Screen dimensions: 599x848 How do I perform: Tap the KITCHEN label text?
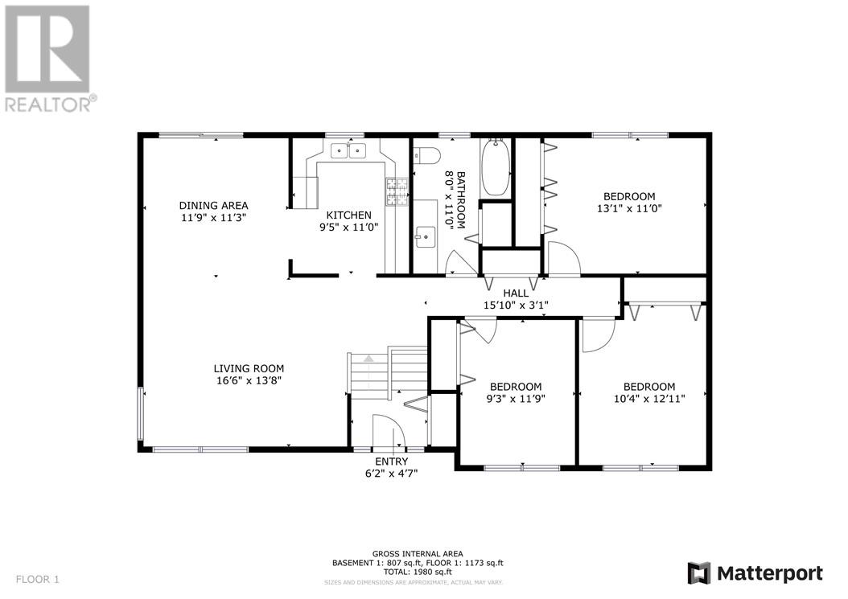pyautogui.click(x=348, y=215)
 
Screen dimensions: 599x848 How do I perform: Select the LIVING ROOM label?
pyautogui.click(x=249, y=369)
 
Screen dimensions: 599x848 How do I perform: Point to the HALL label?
pyautogui.click(x=516, y=293)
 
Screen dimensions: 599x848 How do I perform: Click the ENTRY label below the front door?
pyautogui.click(x=391, y=462)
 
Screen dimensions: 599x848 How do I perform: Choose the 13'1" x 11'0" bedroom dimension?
pyautogui.click(x=629, y=207)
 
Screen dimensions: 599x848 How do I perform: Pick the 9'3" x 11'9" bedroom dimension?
pyautogui.click(x=515, y=398)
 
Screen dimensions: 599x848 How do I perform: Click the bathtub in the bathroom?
pyautogui.click(x=494, y=166)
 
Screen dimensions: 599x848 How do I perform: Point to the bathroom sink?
pyautogui.click(x=425, y=235)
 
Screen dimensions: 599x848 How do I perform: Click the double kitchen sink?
pyautogui.click(x=348, y=150)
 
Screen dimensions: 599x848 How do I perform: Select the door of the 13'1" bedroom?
pyautogui.click(x=563, y=259)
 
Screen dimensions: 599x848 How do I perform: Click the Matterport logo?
pyautogui.click(x=755, y=573)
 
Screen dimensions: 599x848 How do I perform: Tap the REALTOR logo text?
pyautogui.click(x=50, y=103)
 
